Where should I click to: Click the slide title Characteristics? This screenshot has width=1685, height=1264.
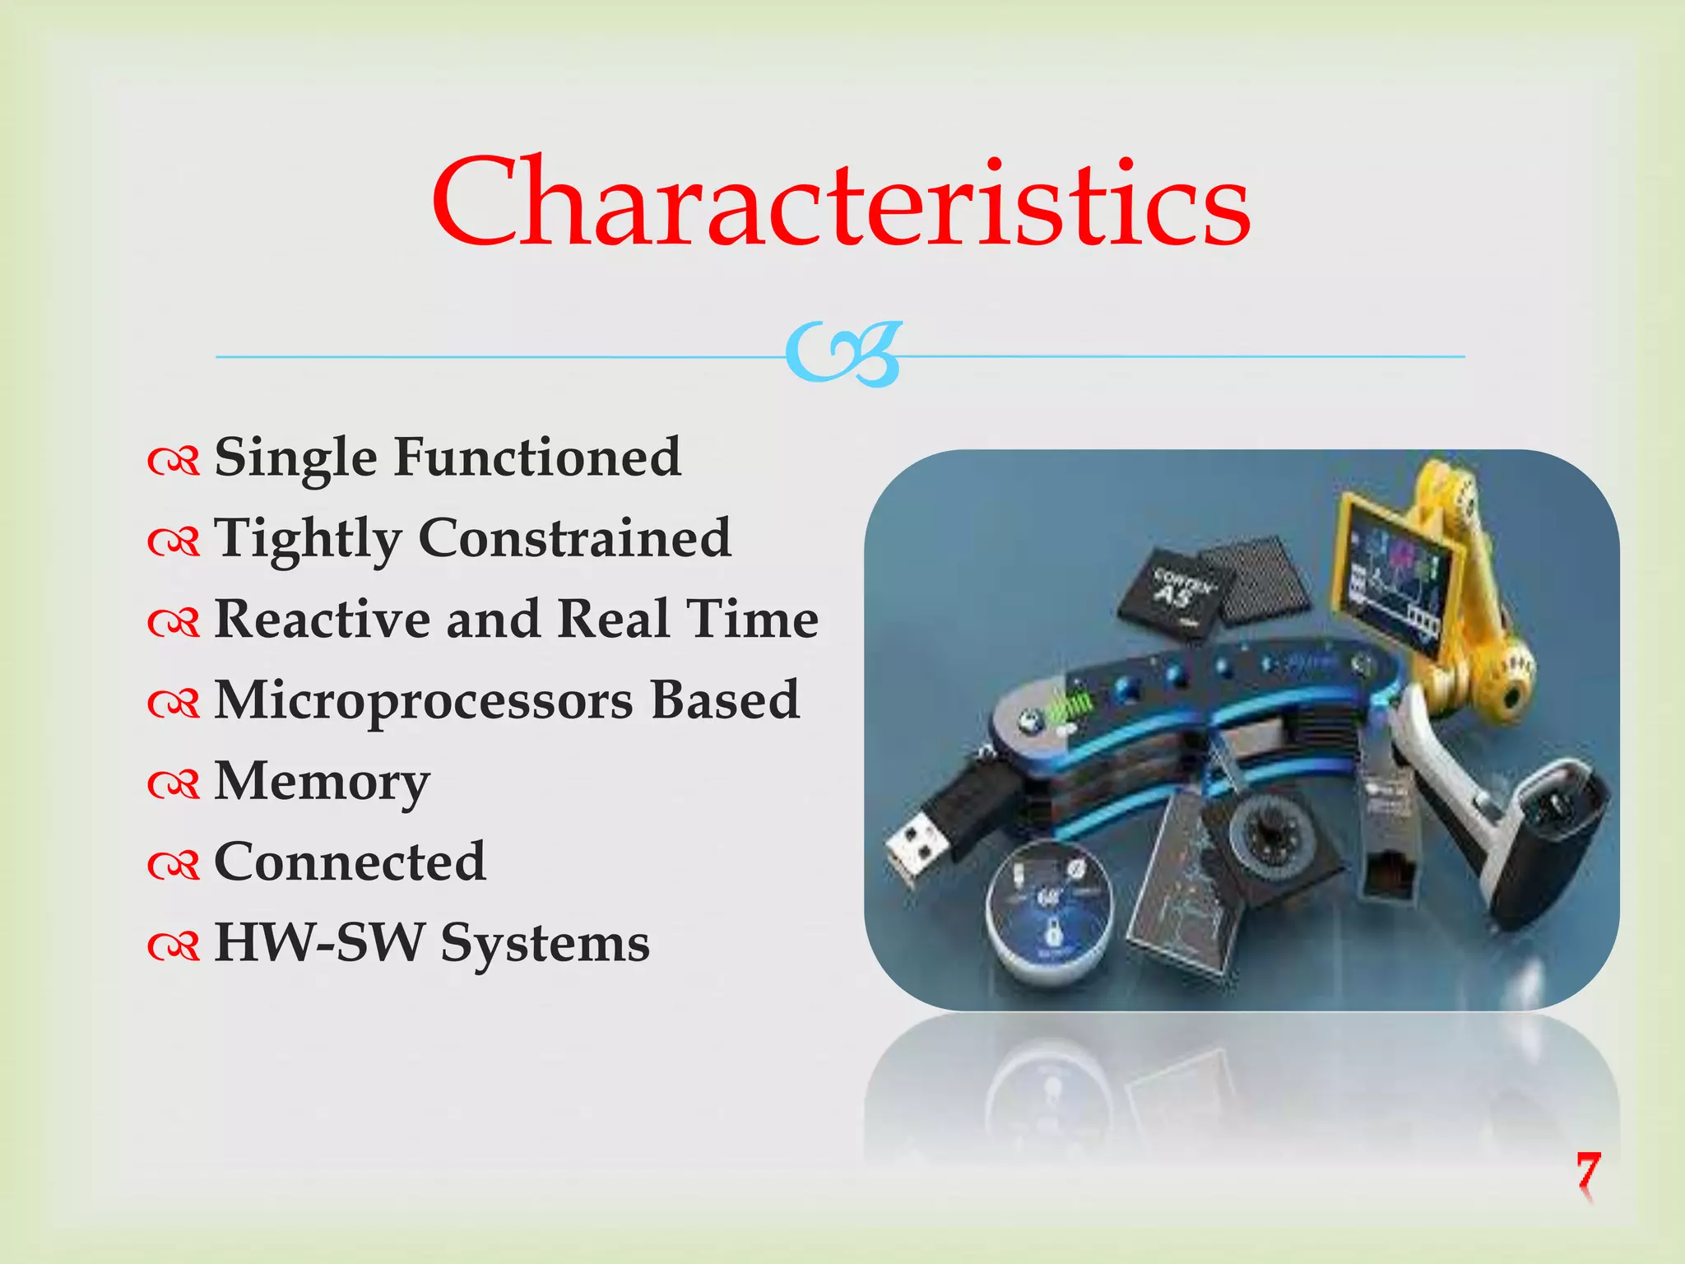841,202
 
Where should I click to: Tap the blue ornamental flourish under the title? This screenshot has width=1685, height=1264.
843,354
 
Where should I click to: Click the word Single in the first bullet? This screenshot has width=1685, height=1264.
295,458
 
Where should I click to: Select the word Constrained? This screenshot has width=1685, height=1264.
575,538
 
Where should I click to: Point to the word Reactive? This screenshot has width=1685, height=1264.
322,619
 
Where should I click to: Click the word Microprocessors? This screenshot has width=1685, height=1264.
424,700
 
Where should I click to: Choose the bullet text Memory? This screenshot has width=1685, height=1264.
322,781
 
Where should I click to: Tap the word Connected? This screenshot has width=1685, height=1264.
350,862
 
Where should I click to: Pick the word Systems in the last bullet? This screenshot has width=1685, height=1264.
545,944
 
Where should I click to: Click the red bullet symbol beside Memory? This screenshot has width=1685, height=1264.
174,784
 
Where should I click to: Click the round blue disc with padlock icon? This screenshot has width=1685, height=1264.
1050,909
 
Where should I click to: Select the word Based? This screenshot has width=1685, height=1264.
725,700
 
